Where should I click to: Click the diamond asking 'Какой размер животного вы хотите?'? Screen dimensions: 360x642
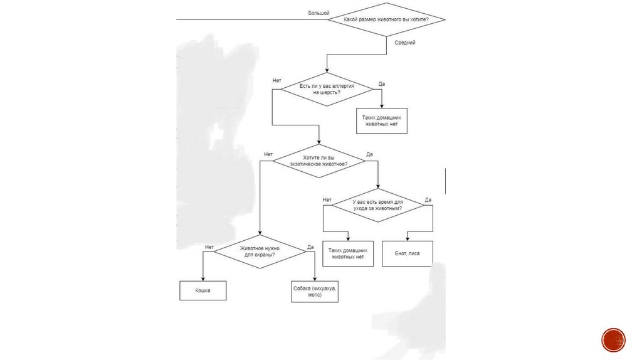pos(386,19)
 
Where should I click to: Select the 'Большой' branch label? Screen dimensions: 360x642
pos(318,13)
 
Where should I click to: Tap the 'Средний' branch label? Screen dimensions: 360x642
pos(405,43)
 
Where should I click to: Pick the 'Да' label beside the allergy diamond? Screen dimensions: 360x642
pos(382,84)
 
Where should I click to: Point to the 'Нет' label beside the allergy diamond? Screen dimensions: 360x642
pos(276,81)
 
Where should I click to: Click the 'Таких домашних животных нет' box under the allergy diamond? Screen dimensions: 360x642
pos(382,120)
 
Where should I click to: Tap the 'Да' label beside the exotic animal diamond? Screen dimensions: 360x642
pos(369,154)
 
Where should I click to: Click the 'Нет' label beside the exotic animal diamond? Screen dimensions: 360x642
pos(268,154)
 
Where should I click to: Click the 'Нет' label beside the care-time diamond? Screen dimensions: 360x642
pos(327,200)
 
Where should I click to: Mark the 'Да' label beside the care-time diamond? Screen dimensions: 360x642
pos(428,200)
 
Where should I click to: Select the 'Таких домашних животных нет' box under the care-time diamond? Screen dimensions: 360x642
pos(347,253)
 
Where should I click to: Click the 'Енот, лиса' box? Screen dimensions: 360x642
pos(408,253)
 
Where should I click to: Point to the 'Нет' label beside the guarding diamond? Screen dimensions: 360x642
pos(209,247)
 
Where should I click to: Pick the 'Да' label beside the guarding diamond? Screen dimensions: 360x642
pos(310,247)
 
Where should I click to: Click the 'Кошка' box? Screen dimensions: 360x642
pos(203,291)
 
